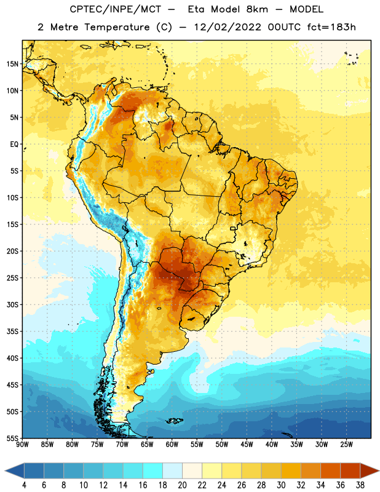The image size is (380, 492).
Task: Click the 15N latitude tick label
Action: [x=12, y=64]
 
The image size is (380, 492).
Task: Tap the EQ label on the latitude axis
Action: [x=14, y=145]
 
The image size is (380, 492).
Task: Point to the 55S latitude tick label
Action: [x=12, y=438]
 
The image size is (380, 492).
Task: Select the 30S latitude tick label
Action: [x=12, y=304]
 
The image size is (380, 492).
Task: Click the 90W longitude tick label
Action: [x=22, y=445]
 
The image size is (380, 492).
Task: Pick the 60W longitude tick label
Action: [x=172, y=445]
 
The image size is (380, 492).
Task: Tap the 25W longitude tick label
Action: [x=346, y=445]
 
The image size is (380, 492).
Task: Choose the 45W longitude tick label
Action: [x=247, y=445]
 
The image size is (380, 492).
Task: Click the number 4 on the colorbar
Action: [x=24, y=485]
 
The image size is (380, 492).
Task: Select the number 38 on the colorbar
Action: [x=360, y=485]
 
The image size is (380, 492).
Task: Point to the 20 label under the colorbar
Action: [x=182, y=485]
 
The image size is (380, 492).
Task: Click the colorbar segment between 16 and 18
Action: [x=153, y=471]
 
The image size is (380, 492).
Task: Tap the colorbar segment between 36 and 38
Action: [x=350, y=471]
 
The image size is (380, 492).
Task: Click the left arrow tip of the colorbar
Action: [x=5, y=471]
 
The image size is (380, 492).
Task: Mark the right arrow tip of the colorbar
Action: [x=379, y=471]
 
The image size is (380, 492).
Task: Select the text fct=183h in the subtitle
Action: [x=331, y=27]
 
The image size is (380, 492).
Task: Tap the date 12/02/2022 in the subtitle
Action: [x=228, y=27]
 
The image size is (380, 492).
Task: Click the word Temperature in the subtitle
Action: [x=117, y=28]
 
